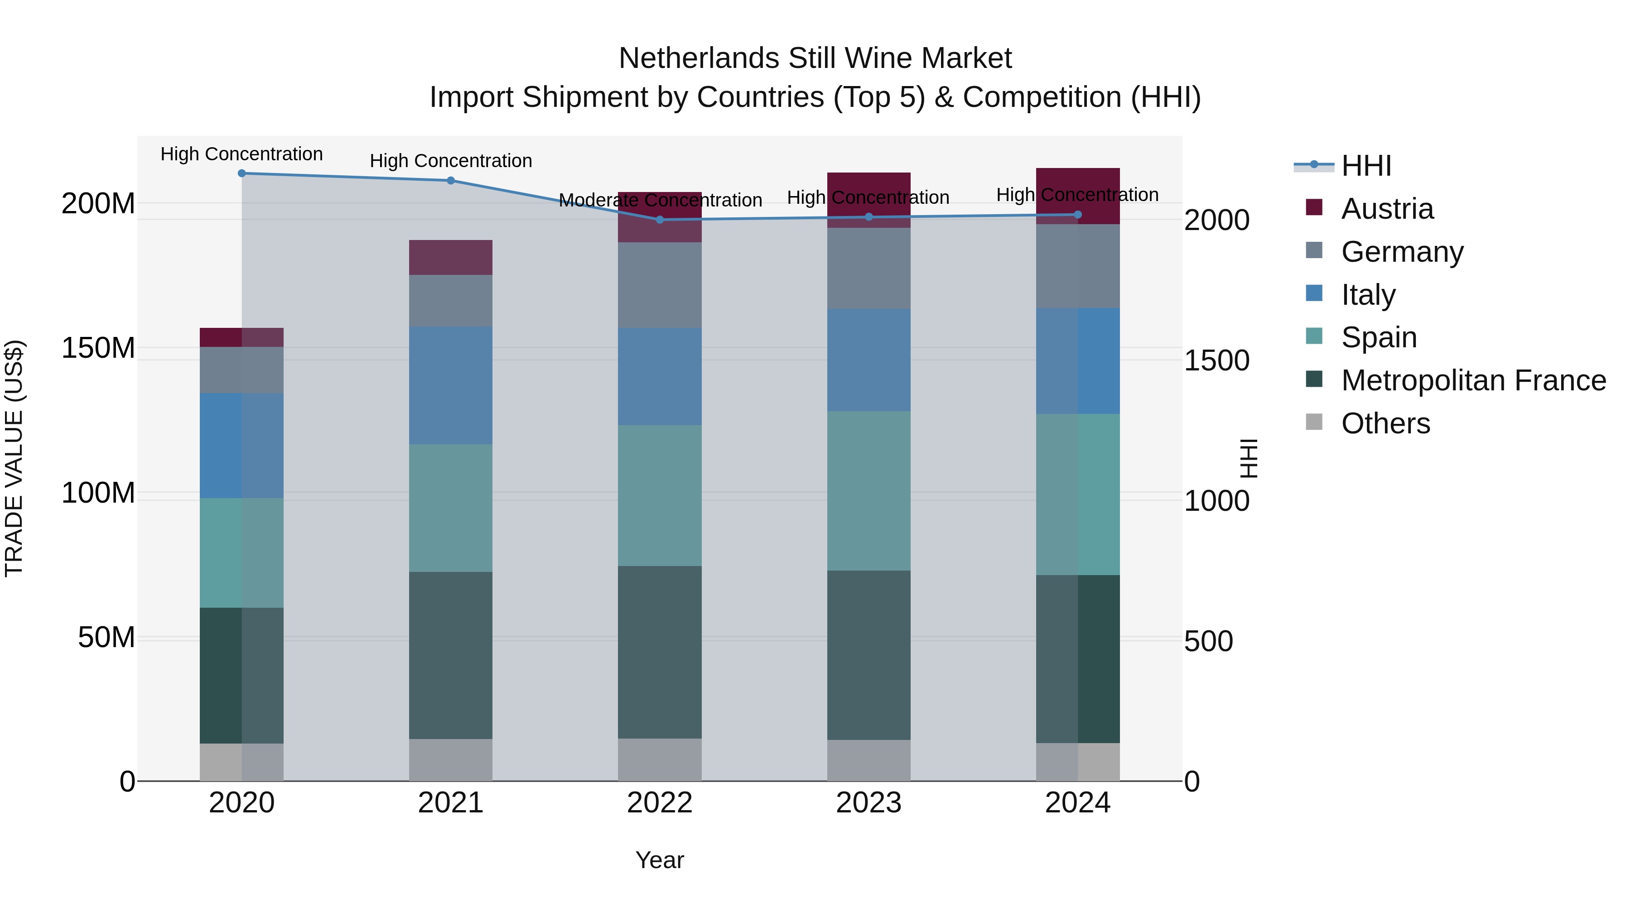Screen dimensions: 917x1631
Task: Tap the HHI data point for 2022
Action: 660,220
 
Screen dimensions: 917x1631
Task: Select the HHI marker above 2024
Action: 1078,215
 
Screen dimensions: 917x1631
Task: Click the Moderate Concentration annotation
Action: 660,200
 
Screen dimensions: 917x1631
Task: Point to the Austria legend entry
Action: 1387,209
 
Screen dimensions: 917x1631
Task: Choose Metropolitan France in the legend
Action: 1473,380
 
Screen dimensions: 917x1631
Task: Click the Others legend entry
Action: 1385,423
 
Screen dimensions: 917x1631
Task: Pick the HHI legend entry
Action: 1366,166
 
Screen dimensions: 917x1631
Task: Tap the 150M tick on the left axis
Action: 98,348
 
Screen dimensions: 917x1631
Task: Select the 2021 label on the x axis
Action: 451,803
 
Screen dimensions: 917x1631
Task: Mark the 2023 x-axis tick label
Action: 869,803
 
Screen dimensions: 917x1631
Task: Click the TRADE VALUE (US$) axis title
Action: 14,458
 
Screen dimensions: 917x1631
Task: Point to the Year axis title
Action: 660,860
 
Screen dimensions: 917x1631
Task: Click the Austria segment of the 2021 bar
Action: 451,258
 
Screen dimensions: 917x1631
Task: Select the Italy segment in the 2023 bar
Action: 869,360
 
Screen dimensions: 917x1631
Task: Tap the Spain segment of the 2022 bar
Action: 660,495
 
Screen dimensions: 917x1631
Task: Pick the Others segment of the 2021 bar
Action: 451,760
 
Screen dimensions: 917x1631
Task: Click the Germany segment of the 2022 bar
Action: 660,285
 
